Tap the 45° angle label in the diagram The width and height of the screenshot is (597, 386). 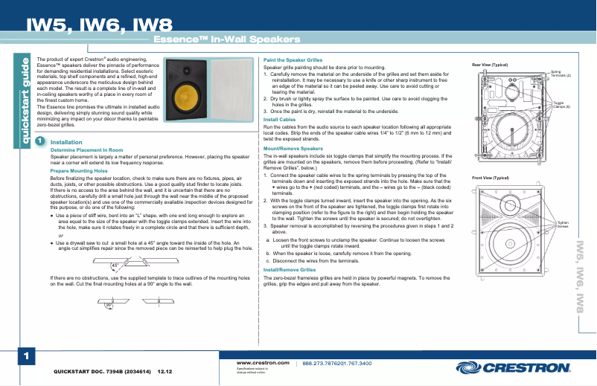pyautogui.click(x=115, y=264)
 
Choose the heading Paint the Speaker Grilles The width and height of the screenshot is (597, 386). pyautogui.click(x=293, y=60)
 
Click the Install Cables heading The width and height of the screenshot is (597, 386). pyautogui.click(x=280, y=119)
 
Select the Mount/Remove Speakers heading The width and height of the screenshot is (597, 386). pyautogui.click(x=293, y=148)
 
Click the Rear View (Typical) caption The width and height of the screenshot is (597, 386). pyautogui.click(x=494, y=65)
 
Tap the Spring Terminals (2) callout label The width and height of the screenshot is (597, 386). pyautogui.click(x=560, y=74)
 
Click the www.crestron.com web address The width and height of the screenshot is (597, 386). pyautogui.click(x=262, y=362)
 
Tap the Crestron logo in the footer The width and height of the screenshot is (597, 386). pyautogui.click(x=516, y=367)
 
